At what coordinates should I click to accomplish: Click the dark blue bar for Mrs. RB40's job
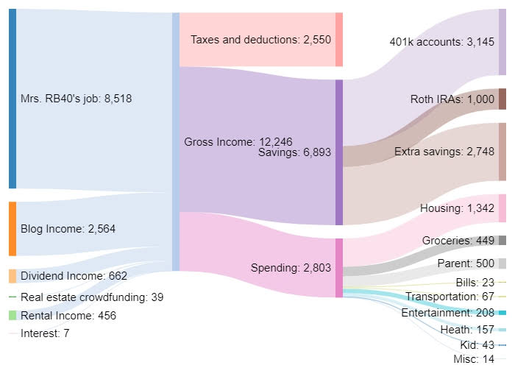[x=12, y=99]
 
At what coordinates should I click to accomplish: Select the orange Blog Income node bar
[x=12, y=228]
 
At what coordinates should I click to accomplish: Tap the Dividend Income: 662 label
[x=74, y=276]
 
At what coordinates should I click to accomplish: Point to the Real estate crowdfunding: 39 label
[x=92, y=297]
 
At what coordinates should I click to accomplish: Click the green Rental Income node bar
[x=12, y=315]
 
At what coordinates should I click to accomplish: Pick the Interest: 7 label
[x=45, y=333]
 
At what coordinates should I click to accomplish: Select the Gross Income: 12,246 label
[x=221, y=141]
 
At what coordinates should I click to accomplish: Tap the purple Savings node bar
[x=339, y=152]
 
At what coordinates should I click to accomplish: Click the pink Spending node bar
[x=339, y=268]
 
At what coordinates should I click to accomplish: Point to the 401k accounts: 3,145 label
[x=442, y=42]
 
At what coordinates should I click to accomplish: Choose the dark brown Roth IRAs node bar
[x=502, y=99]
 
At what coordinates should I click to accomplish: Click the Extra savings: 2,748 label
[x=444, y=152]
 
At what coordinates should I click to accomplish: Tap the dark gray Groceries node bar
[x=502, y=240]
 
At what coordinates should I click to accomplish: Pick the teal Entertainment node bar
[x=502, y=313]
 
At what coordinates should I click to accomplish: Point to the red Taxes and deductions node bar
[x=339, y=39]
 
